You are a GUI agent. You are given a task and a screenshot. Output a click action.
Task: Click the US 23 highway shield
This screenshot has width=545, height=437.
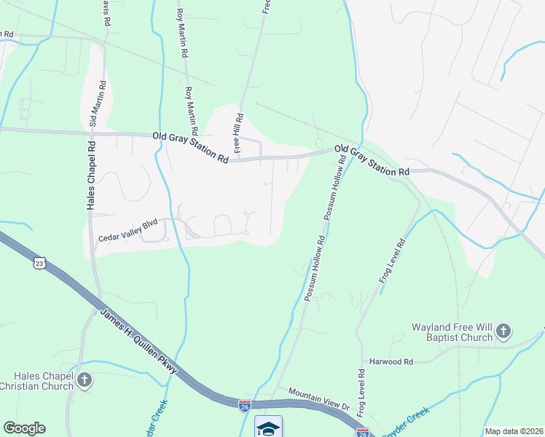38,263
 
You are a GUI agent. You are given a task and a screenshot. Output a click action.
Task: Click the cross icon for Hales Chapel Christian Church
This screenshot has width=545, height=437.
85,380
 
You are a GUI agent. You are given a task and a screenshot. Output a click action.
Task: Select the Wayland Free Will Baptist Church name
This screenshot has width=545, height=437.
445,332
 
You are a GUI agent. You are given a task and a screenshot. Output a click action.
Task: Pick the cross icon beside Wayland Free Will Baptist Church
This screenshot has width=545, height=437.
503,333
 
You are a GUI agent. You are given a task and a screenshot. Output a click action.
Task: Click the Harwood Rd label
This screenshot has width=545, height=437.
391,361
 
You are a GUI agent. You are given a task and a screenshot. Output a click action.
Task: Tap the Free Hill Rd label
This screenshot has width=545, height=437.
238,135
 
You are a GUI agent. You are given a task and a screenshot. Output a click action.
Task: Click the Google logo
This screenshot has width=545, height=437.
24,428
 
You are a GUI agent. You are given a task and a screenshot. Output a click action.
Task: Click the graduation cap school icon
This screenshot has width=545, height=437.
268,426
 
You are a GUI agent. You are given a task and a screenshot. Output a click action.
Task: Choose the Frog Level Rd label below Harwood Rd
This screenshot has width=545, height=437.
361,393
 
